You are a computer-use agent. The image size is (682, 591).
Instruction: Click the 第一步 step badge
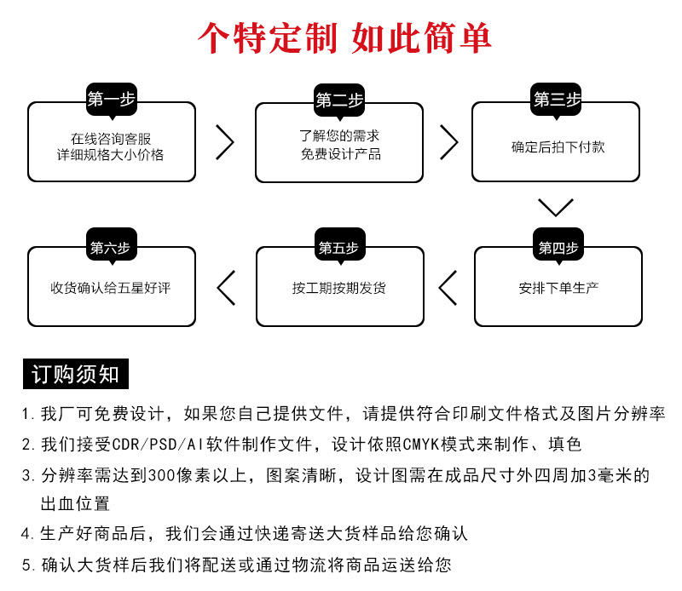112,100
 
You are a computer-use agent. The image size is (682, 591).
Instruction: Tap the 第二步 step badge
339,100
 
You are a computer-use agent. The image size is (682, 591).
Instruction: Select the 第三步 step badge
557,100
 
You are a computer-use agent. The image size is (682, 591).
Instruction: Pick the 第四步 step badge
558,248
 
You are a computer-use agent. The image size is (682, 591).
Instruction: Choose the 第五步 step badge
338,248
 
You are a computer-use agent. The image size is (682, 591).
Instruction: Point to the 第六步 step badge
110,248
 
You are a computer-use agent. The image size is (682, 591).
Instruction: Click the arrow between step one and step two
225,142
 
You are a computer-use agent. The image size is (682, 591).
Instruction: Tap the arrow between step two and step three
448,142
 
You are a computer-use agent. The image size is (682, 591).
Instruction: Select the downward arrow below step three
556,207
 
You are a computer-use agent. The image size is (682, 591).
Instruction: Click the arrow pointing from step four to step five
448,287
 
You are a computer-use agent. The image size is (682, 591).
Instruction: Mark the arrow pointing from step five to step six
226,287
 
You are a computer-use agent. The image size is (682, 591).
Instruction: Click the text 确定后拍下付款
558,146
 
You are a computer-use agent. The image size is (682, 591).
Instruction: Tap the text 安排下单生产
558,287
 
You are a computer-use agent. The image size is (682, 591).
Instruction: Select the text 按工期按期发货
339,288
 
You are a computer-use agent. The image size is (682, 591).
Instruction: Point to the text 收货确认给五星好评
111,288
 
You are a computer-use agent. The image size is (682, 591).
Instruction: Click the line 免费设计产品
340,154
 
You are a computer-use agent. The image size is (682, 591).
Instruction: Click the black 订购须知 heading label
76,374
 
